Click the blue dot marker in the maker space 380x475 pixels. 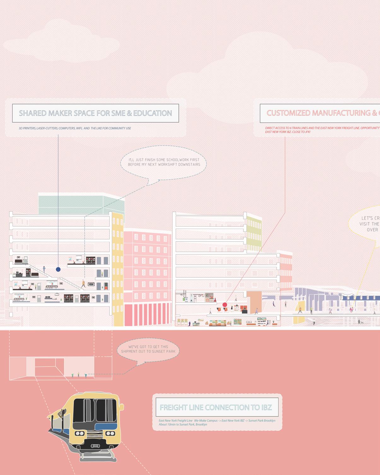click(58, 269)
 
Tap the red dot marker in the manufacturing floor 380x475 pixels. click(225, 305)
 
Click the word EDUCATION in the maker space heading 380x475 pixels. click(153, 113)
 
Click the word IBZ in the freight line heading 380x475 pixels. click(266, 407)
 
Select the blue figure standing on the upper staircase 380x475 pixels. click(44, 269)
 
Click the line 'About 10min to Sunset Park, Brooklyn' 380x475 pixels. click(183, 424)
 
